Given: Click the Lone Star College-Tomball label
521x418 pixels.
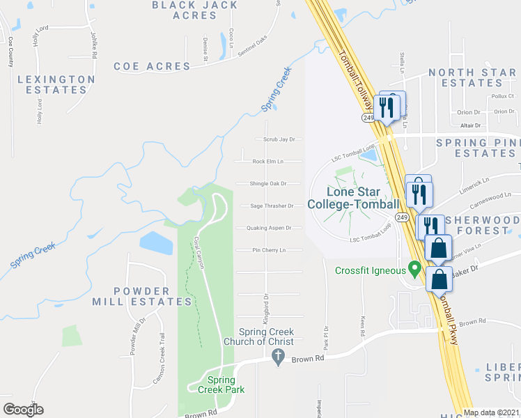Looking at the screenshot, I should point(363,198).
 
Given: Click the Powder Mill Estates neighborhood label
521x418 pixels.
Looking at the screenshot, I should point(142,296).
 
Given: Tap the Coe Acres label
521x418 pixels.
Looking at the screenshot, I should point(152,66).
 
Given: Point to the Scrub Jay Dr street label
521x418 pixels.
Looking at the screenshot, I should point(279,139).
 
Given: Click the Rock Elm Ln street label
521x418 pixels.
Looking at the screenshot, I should point(268,162).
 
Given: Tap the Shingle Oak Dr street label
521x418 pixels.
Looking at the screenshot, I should point(269,184).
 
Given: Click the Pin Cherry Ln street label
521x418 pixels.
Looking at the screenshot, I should point(269,250).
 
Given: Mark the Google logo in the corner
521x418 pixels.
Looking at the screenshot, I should point(23,410).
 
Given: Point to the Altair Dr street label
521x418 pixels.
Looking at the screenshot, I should point(471,125).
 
